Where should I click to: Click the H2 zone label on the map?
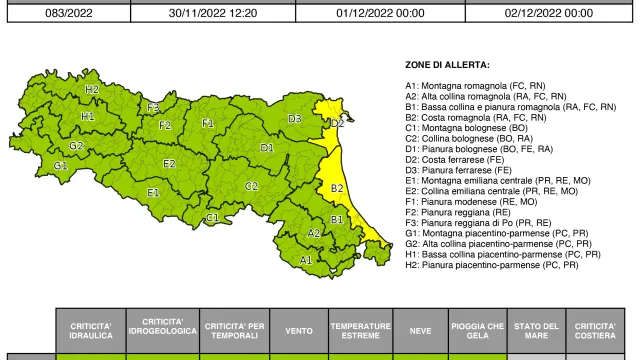[92, 90]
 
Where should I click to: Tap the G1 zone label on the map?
[61, 165]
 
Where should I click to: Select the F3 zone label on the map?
[153, 107]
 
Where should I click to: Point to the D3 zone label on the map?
[295, 119]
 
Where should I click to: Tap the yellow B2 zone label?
[337, 187]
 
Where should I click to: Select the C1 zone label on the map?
[212, 217]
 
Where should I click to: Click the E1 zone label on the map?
[153, 192]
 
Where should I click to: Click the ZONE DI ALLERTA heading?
[447, 64]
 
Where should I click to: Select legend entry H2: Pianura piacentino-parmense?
[491, 265]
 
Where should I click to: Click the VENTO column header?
[298, 327]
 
